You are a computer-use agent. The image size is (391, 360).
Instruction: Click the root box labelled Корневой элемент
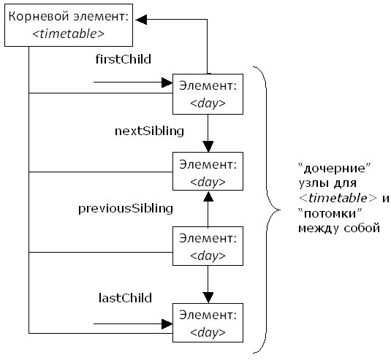click(69, 25)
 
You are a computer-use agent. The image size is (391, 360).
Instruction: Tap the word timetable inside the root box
click(68, 34)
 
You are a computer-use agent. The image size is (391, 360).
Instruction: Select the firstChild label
click(124, 59)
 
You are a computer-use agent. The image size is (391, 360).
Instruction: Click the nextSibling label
click(149, 131)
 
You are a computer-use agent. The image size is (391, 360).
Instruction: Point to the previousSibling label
click(126, 209)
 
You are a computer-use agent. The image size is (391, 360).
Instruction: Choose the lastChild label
click(125, 298)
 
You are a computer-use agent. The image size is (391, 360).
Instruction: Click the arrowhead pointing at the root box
click(141, 20)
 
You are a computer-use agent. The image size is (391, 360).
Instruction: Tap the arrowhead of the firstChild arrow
click(167, 83)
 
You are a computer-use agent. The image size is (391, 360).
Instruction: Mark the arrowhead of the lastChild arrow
click(167, 324)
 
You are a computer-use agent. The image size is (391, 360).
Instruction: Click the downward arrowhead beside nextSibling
click(208, 147)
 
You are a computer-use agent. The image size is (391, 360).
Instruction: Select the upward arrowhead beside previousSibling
click(208, 196)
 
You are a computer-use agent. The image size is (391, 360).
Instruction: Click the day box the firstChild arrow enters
click(208, 94)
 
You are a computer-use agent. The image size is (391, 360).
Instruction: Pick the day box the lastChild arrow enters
click(208, 323)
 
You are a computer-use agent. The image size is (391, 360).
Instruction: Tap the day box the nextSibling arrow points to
click(208, 171)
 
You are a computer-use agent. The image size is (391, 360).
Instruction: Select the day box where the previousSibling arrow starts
click(208, 246)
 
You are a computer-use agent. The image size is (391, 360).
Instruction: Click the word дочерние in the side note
click(335, 169)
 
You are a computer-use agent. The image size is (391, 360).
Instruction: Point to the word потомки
click(330, 213)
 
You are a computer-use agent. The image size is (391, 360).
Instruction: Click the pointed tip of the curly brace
click(280, 210)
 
